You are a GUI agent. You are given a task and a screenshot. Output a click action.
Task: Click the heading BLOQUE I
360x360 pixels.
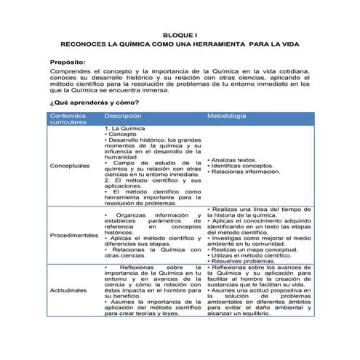pyautogui.click(x=180, y=34)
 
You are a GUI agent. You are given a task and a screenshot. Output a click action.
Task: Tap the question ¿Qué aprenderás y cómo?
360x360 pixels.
pyautogui.click(x=94, y=103)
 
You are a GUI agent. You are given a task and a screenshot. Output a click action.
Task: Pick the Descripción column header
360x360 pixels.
pyautogui.click(x=122, y=115)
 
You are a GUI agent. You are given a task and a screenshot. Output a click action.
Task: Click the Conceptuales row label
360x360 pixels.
pyautogui.click(x=71, y=165)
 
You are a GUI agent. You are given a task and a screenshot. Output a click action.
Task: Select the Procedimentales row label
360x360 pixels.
pyautogui.click(x=73, y=236)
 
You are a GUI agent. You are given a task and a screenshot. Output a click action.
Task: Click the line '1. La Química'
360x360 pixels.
pyautogui.click(x=124, y=128)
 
